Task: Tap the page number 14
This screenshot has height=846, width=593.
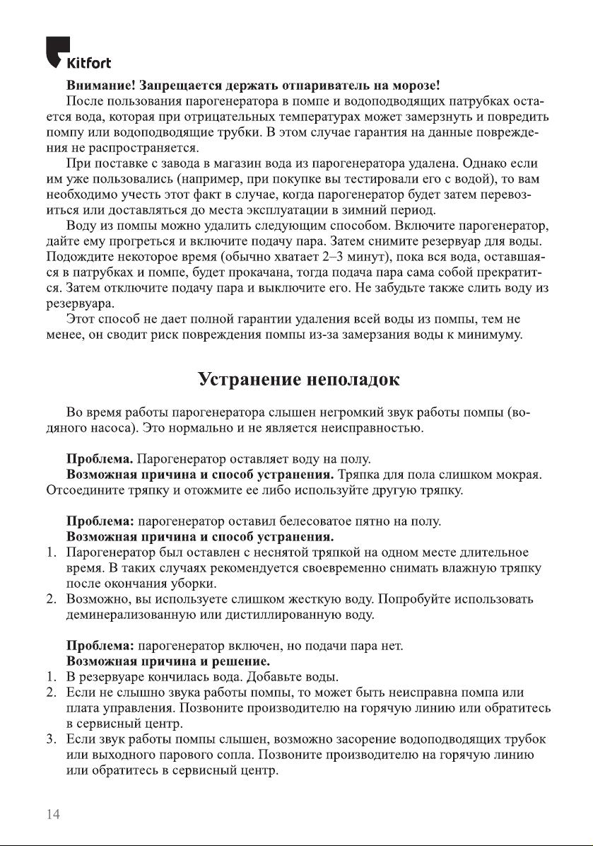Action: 53,813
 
